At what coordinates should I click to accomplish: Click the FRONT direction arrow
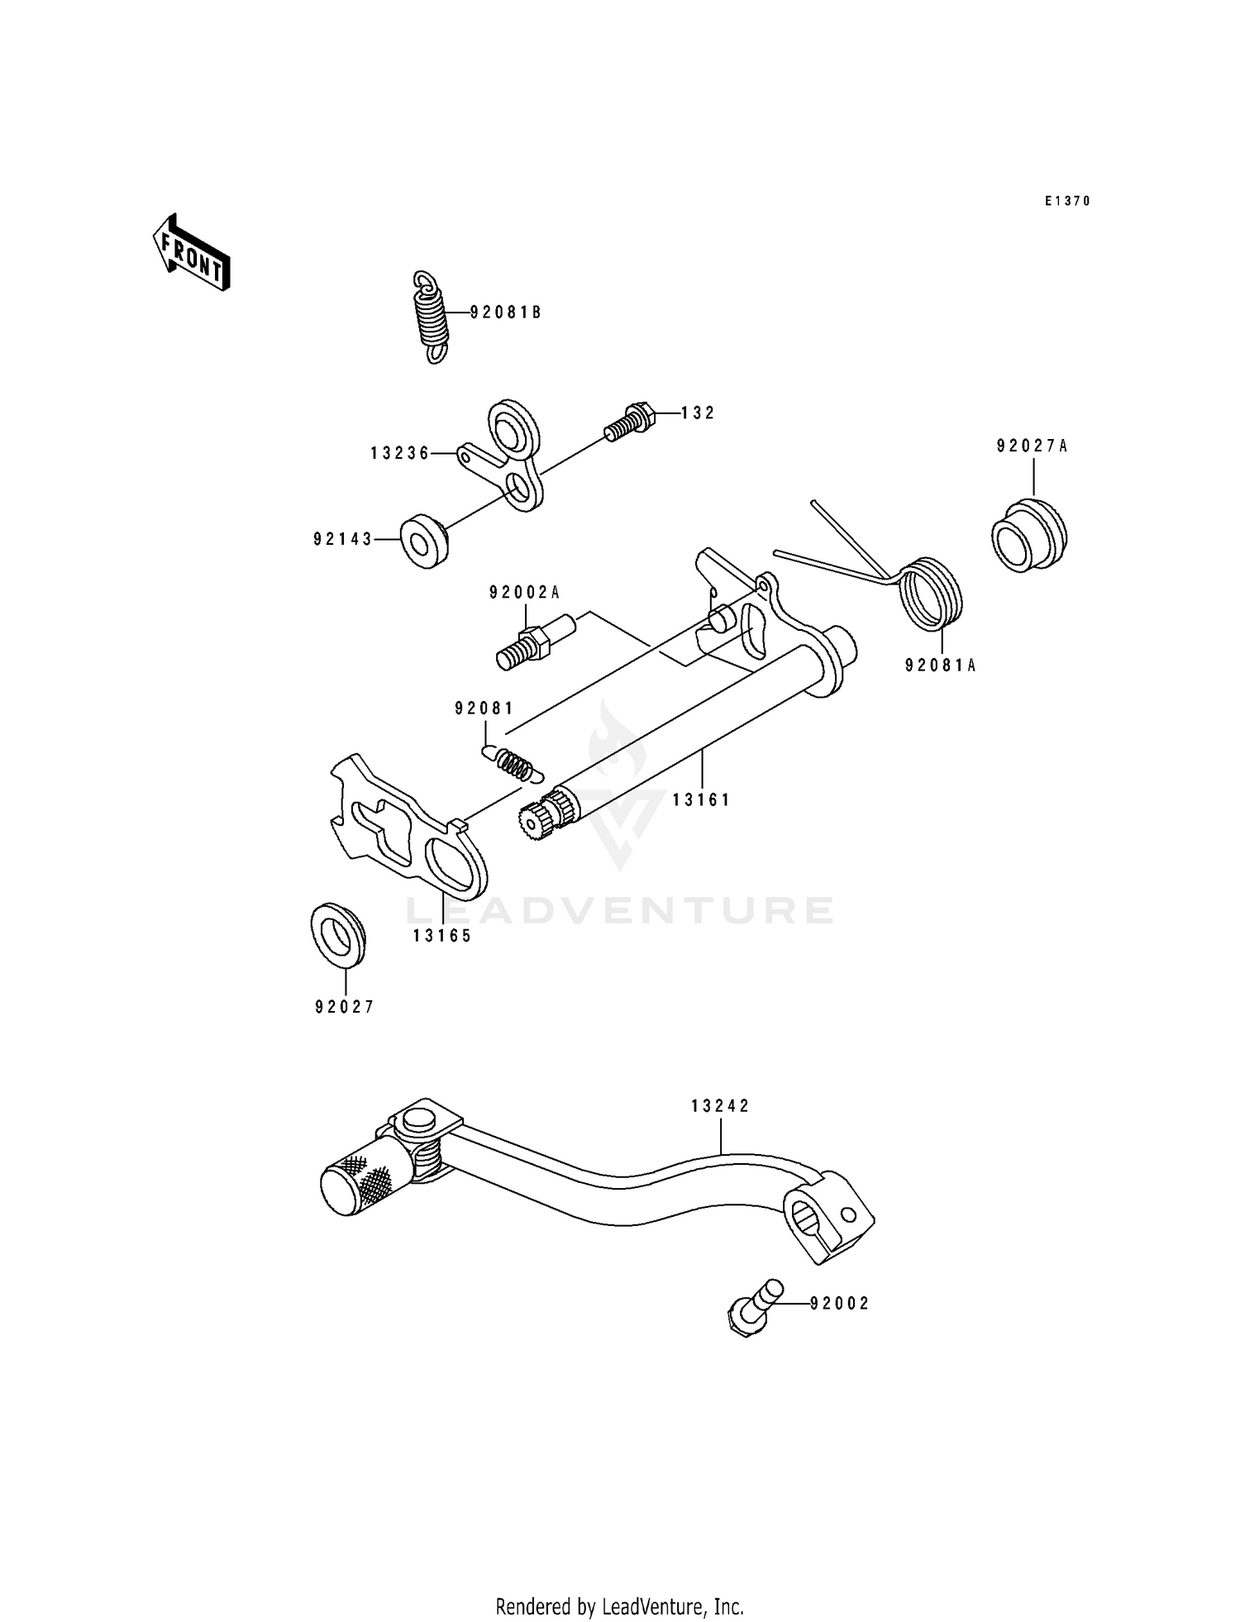click(191, 253)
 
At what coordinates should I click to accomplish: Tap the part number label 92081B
click(506, 312)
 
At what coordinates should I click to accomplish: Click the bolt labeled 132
click(630, 421)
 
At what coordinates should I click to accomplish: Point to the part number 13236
click(400, 453)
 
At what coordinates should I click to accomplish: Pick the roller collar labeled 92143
click(425, 541)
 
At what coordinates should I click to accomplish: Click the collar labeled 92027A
click(1028, 536)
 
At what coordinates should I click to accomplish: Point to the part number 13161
click(701, 800)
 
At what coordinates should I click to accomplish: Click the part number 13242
click(721, 1106)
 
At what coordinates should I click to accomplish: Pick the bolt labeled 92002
click(752, 1308)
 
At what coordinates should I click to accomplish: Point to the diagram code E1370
click(1067, 201)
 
